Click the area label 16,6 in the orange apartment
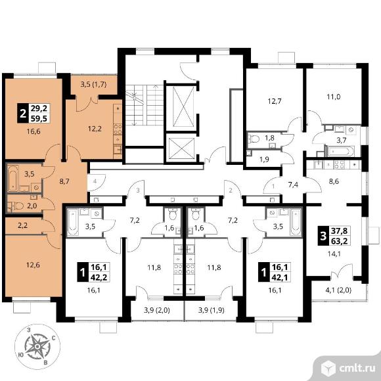tap(34, 131)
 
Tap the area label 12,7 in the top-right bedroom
tap(275, 101)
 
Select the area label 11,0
tap(334, 97)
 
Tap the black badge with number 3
tap(323, 236)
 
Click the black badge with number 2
tap(23, 113)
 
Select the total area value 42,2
tap(99, 277)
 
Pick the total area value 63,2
tap(340, 241)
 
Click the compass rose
tap(37, 346)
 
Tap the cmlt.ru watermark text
tap(357, 369)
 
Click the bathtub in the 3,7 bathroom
tap(340, 151)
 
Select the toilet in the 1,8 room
tap(254, 139)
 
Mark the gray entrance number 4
tap(95, 181)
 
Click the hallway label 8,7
tap(64, 181)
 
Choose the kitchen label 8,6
tap(334, 181)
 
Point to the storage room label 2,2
tap(22, 226)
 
